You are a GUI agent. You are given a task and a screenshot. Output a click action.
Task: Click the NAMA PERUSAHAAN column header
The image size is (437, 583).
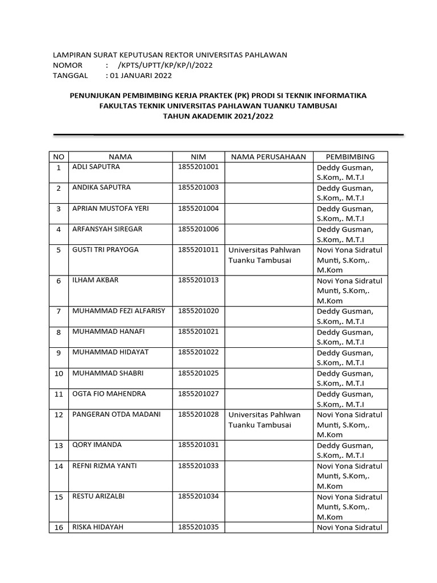[x=269, y=157]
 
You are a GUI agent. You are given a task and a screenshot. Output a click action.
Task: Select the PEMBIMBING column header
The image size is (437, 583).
[x=350, y=157]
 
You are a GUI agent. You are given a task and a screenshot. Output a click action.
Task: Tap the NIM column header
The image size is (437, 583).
[x=199, y=157]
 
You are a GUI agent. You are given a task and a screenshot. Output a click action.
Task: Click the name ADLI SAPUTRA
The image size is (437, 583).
[x=96, y=167]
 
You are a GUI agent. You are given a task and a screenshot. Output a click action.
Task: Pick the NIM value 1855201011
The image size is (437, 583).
[x=198, y=249]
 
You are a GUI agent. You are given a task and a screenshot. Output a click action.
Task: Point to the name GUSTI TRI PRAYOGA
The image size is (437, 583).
[x=105, y=249]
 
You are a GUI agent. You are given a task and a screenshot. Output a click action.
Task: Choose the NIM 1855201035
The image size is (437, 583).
[x=198, y=527]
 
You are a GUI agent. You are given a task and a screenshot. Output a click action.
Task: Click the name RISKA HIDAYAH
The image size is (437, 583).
[x=98, y=527]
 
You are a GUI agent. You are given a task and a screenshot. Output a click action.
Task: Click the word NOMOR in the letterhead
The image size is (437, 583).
[x=68, y=65]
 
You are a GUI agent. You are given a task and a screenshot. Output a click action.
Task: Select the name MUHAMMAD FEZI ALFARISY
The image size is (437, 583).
[x=118, y=311]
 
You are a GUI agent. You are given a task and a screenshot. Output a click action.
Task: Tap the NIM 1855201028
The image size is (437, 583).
[x=198, y=414]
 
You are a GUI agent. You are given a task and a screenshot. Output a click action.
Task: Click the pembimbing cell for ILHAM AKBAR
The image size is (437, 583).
[x=349, y=290]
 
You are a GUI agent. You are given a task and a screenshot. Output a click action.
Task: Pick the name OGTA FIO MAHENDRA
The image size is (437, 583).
[x=109, y=393]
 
